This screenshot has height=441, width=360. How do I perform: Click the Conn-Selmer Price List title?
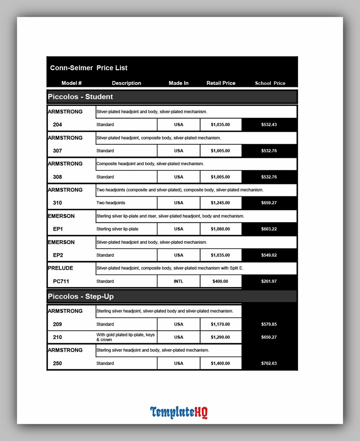[x=89, y=68]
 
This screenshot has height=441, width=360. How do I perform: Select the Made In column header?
[x=178, y=83]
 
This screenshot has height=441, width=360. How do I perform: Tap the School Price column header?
[x=270, y=83]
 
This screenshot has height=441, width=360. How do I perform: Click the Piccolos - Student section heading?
[x=80, y=97]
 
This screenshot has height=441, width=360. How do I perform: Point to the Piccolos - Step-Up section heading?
[x=81, y=296]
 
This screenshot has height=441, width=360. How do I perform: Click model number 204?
[x=58, y=125]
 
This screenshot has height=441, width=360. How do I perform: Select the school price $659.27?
[x=269, y=203]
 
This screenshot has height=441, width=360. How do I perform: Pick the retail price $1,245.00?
[x=220, y=203]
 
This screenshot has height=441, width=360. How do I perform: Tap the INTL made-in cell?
[x=178, y=281]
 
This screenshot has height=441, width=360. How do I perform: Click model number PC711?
[x=61, y=281]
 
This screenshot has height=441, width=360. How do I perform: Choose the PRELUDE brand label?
[x=60, y=268]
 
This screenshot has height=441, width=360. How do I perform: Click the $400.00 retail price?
[x=220, y=281]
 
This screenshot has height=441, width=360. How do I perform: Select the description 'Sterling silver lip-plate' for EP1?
[x=117, y=229]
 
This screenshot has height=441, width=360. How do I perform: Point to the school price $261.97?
[x=269, y=281]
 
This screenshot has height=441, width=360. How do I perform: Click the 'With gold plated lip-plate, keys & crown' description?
[x=125, y=337]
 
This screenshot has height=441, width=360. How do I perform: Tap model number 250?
[x=58, y=363]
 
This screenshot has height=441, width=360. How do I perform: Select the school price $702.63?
[x=269, y=363]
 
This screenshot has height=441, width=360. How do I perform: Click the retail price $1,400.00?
[x=220, y=363]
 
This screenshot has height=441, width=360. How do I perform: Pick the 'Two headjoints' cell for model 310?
[x=111, y=203]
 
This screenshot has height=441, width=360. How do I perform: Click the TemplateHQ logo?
[x=179, y=412]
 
